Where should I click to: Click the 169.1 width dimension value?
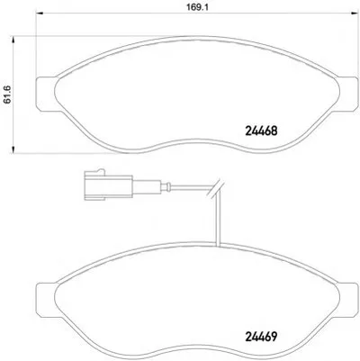(198, 7)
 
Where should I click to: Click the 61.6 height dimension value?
(7, 95)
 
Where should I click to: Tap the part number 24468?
(261, 131)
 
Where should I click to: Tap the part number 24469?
(261, 337)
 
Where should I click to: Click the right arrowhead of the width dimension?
(355, 13)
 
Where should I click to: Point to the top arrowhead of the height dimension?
(13, 41)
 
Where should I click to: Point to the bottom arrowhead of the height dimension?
(13, 149)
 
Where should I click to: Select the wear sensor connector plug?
(109, 185)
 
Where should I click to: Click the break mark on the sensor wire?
(215, 189)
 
